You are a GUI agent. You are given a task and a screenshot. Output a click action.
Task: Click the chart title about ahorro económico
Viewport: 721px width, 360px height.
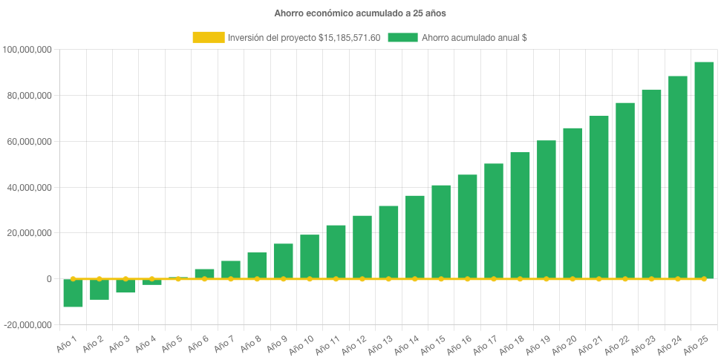360,13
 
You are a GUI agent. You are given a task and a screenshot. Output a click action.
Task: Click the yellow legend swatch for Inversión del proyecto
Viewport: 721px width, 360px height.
208,37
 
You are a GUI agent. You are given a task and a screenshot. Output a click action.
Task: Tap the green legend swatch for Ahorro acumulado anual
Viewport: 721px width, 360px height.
402,37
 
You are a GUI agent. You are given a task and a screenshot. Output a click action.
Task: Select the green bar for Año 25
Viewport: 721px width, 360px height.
704,171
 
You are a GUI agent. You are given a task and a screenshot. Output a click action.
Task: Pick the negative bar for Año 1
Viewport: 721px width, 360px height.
73,292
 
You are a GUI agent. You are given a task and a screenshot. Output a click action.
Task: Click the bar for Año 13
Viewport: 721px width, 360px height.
388,242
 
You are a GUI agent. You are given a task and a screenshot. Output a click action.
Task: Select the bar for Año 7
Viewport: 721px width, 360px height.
231,269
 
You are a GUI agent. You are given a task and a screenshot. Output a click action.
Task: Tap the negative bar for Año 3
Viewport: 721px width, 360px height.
125,286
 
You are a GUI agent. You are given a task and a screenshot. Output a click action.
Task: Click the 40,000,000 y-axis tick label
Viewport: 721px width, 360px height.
28,188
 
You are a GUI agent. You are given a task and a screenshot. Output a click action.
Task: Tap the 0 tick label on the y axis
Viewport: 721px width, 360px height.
48,279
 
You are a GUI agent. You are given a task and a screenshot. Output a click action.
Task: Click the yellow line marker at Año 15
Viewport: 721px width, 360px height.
441,279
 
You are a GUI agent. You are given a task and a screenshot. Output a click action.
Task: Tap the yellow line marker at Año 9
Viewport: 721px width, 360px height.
283,279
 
